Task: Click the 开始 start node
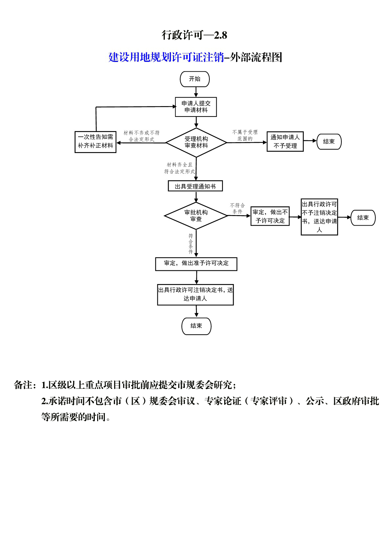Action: (195, 79)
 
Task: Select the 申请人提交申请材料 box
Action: (196, 107)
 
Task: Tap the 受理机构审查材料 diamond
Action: (196, 143)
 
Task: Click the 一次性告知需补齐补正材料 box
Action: (96, 142)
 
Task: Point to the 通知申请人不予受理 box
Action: (285, 142)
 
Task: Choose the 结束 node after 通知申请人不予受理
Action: (329, 142)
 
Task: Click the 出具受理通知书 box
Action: (195, 186)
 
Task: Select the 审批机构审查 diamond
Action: (196, 216)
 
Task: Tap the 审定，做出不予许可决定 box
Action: (270, 216)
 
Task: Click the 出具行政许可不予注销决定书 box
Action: (319, 217)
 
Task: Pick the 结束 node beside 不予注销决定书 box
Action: (363, 218)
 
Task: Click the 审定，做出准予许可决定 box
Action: (196, 264)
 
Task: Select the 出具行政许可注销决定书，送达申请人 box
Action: (196, 295)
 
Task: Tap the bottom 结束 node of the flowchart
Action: (197, 326)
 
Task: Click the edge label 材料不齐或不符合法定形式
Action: (141, 136)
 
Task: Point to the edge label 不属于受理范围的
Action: (245, 135)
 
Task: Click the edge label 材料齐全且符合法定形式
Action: (180, 168)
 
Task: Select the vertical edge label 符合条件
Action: (191, 244)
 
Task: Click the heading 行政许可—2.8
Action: (194, 35)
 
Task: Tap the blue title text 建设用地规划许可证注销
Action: (166, 57)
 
